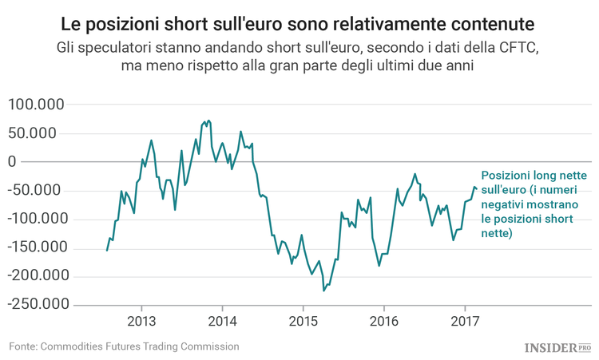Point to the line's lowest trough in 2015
tap(323, 291)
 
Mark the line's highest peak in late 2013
tap(208, 121)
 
